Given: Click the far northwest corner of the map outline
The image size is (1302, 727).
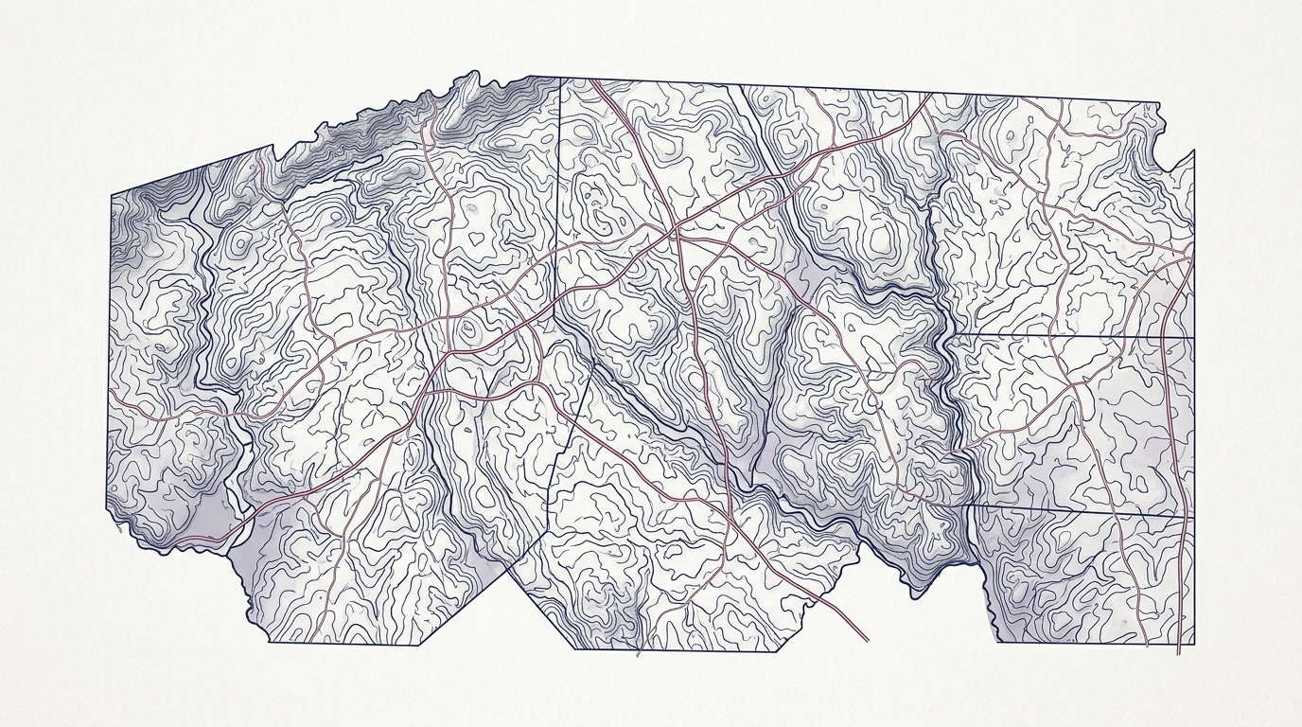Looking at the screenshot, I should (112, 196).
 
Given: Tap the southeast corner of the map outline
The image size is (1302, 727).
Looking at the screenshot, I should (1194, 643).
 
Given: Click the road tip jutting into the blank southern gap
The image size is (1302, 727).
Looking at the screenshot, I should (868, 641).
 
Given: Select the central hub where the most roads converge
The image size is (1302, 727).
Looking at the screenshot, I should (674, 230).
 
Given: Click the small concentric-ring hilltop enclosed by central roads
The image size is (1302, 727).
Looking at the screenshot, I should (468, 329).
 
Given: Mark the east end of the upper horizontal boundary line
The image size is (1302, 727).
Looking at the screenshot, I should (1194, 337).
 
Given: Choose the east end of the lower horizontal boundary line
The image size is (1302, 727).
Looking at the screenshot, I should (1194, 516).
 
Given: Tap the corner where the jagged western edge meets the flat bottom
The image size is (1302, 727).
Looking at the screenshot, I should (270, 643).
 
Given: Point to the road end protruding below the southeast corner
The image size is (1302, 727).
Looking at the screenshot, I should (1179, 653).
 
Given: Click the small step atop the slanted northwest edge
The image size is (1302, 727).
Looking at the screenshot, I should (274, 148).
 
